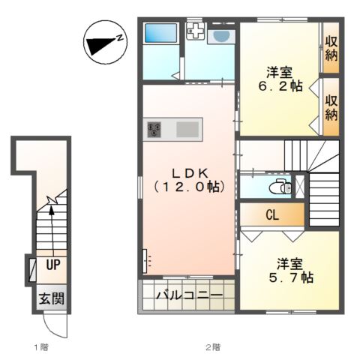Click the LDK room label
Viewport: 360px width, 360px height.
189,173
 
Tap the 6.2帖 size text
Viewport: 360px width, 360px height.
280,86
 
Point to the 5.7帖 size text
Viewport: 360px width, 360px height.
291,277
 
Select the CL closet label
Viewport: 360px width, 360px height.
272,214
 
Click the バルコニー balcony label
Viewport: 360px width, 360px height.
189,295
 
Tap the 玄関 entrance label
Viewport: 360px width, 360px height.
52,298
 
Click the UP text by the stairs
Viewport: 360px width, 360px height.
53,265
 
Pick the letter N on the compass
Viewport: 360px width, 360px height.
120,37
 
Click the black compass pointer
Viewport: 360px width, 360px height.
100,45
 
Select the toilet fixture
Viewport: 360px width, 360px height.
280,187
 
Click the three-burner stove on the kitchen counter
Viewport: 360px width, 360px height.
154,130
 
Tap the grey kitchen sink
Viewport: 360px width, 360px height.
187,129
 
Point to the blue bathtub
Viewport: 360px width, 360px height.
160,33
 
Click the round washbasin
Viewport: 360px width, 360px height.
221,36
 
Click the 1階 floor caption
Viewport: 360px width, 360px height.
41,347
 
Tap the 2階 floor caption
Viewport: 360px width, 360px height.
213,347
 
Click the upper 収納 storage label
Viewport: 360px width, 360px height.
331,49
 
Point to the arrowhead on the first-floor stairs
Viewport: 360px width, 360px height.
52,211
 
